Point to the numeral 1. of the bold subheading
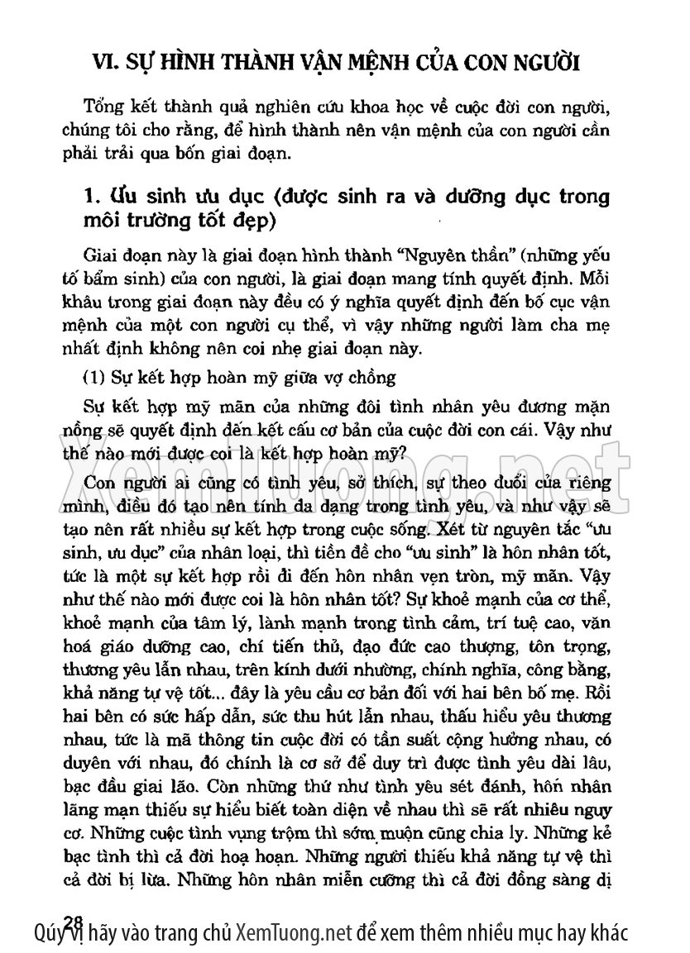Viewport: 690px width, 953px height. (92, 197)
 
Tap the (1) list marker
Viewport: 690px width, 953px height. (99, 378)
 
